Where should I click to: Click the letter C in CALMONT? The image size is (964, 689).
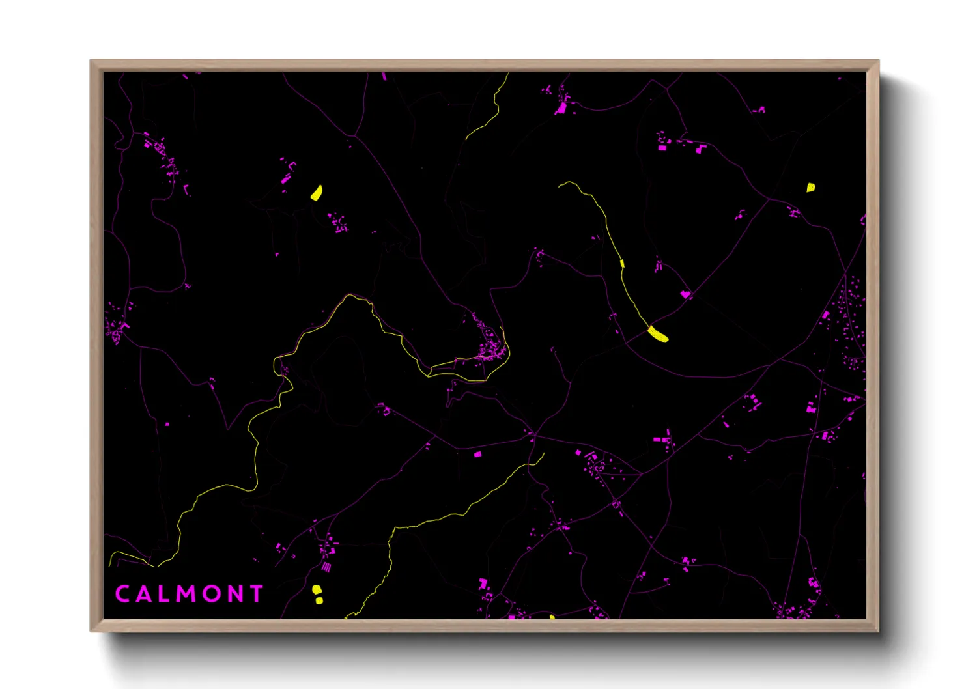click(x=122, y=594)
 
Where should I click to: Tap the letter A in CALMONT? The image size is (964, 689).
click(x=143, y=594)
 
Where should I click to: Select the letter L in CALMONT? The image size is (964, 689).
click(x=163, y=594)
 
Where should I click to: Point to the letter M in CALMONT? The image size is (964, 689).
click(x=186, y=594)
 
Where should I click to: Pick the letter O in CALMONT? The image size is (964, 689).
click(x=212, y=594)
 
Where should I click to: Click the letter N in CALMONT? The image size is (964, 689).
click(x=234, y=594)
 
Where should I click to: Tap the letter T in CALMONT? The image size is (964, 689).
click(x=256, y=594)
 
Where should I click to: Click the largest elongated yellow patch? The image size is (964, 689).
click(x=658, y=334)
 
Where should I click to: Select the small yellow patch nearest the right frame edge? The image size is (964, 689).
click(x=810, y=188)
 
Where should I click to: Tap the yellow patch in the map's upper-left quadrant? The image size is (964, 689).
click(x=317, y=193)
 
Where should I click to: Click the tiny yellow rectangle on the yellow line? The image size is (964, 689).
click(x=622, y=263)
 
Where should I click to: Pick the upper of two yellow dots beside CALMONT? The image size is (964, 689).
click(x=316, y=589)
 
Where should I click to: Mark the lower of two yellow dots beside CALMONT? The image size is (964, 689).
click(x=319, y=600)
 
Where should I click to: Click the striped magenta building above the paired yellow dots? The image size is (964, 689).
click(x=326, y=568)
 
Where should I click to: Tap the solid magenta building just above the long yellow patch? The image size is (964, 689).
click(x=685, y=294)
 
